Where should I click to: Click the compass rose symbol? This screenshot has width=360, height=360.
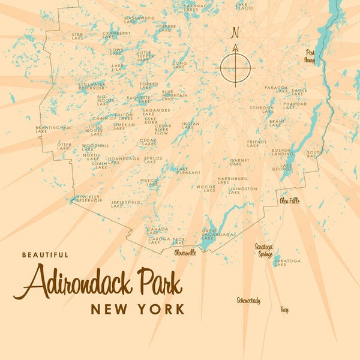[235, 67]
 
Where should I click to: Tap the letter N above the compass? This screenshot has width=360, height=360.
[235, 32]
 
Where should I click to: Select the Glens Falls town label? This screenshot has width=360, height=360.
[289, 201]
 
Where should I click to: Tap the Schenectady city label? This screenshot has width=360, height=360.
[248, 300]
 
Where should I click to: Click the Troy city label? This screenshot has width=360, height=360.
[284, 310]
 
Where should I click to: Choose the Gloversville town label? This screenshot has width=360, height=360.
[185, 253]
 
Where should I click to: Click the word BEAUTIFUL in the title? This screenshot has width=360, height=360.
[45, 254]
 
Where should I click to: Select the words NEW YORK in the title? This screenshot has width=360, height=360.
[137, 310]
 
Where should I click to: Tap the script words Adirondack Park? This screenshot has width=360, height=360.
[102, 282]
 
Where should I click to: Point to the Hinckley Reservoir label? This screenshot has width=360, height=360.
[89, 199]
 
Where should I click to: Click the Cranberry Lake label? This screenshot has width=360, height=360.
[116, 35]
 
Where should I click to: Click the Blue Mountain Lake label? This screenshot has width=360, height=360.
[175, 95]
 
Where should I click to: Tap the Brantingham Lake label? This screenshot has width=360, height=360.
[53, 129]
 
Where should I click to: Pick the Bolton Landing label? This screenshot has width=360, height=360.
[282, 152]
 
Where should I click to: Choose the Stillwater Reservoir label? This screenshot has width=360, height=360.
[92, 86]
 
